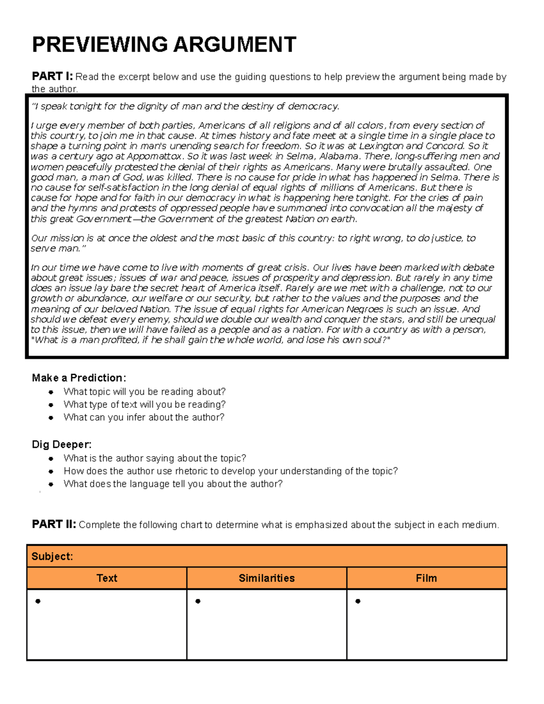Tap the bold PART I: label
(52, 76)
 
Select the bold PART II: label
(53, 524)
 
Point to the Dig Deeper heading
(62, 444)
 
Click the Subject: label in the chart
(52, 556)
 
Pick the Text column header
(107, 578)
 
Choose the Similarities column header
(267, 578)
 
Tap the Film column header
(426, 578)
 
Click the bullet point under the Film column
(358, 602)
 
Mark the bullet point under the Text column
(38, 602)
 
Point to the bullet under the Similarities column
(198, 602)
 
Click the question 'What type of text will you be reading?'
(144, 404)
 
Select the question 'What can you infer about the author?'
(144, 417)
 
